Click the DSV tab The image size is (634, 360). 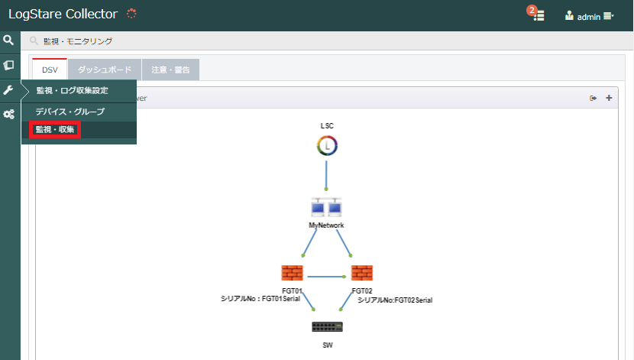click(x=50, y=70)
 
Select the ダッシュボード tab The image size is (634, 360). click(x=105, y=70)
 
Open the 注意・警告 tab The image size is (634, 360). click(x=170, y=70)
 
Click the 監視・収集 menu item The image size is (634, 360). click(x=55, y=130)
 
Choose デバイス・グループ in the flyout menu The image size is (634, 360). click(x=70, y=112)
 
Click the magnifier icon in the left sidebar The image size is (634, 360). click(x=8, y=40)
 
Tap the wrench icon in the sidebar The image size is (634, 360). click(x=8, y=89)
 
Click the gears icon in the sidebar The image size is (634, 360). click(x=9, y=115)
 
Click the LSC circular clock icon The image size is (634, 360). click(x=327, y=146)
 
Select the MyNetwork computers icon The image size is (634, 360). click(x=326, y=207)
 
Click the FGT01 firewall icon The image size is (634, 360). click(x=292, y=273)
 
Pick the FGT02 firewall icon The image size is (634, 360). click(x=362, y=273)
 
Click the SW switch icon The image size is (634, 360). click(x=327, y=327)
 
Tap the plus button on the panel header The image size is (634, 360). click(x=609, y=98)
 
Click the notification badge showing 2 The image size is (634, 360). click(x=532, y=11)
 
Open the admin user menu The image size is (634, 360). click(x=590, y=17)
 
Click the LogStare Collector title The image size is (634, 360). click(x=63, y=15)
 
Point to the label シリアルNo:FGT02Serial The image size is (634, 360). click(x=395, y=300)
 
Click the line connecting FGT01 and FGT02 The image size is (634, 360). click(x=326, y=277)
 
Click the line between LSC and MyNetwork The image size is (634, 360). click(x=326, y=176)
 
